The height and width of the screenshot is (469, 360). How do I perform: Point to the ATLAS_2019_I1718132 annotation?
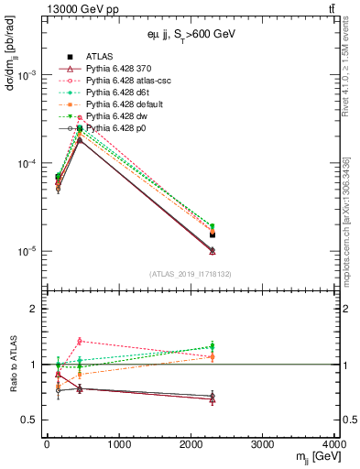tap(191, 274)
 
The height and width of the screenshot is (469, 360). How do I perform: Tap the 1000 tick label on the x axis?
tap(118, 445)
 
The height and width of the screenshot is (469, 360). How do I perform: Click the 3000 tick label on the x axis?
tap(263, 445)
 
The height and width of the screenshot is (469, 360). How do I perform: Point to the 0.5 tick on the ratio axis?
tap(30, 420)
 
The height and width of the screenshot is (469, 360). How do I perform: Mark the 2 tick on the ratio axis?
tap(35, 310)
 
